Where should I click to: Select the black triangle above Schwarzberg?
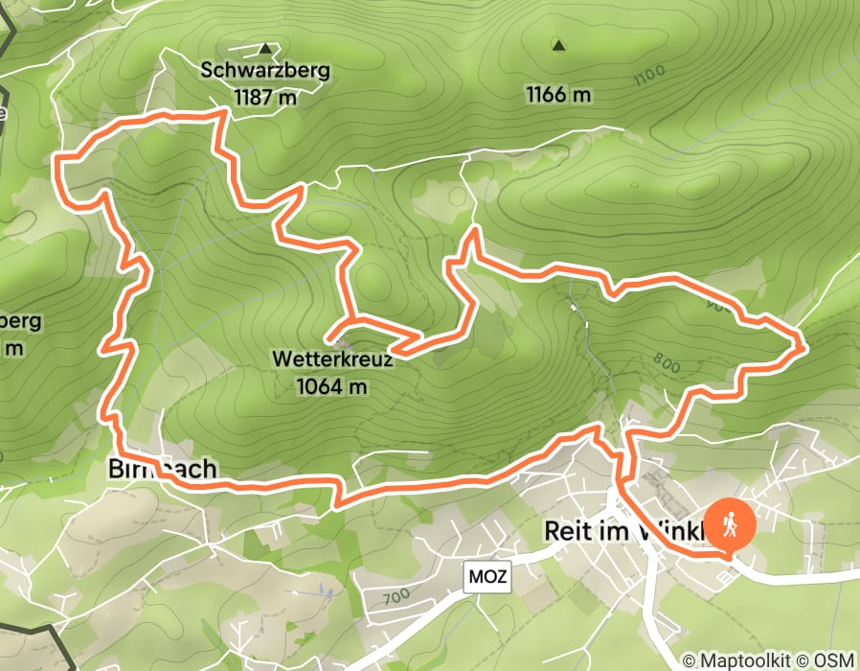point(265,47)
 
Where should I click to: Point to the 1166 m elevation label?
point(558,94)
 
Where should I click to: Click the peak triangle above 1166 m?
point(558,44)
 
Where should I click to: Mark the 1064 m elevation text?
point(332,386)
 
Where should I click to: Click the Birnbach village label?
point(164,469)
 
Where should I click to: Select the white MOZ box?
point(487,577)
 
